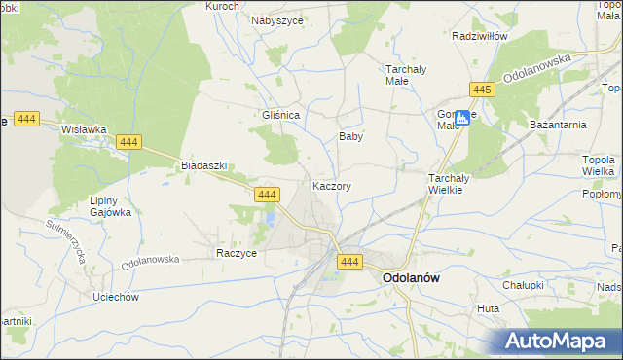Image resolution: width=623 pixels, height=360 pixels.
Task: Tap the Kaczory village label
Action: click(332, 185)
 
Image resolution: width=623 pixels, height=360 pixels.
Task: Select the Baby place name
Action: click(350, 137)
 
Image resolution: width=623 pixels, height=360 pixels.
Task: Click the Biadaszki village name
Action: click(203, 165)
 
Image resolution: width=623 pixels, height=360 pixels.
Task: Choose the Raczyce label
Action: click(236, 252)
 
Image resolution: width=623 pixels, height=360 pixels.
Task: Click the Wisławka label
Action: click(83, 128)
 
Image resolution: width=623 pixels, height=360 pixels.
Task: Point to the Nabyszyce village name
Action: click(277, 19)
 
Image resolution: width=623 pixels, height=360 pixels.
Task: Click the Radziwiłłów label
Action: click(481, 36)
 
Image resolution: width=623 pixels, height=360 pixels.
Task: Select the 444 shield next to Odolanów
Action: click(350, 262)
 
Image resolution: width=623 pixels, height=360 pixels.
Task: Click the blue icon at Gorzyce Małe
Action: click(462, 118)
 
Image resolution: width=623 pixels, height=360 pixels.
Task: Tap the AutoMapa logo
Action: click(560, 340)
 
